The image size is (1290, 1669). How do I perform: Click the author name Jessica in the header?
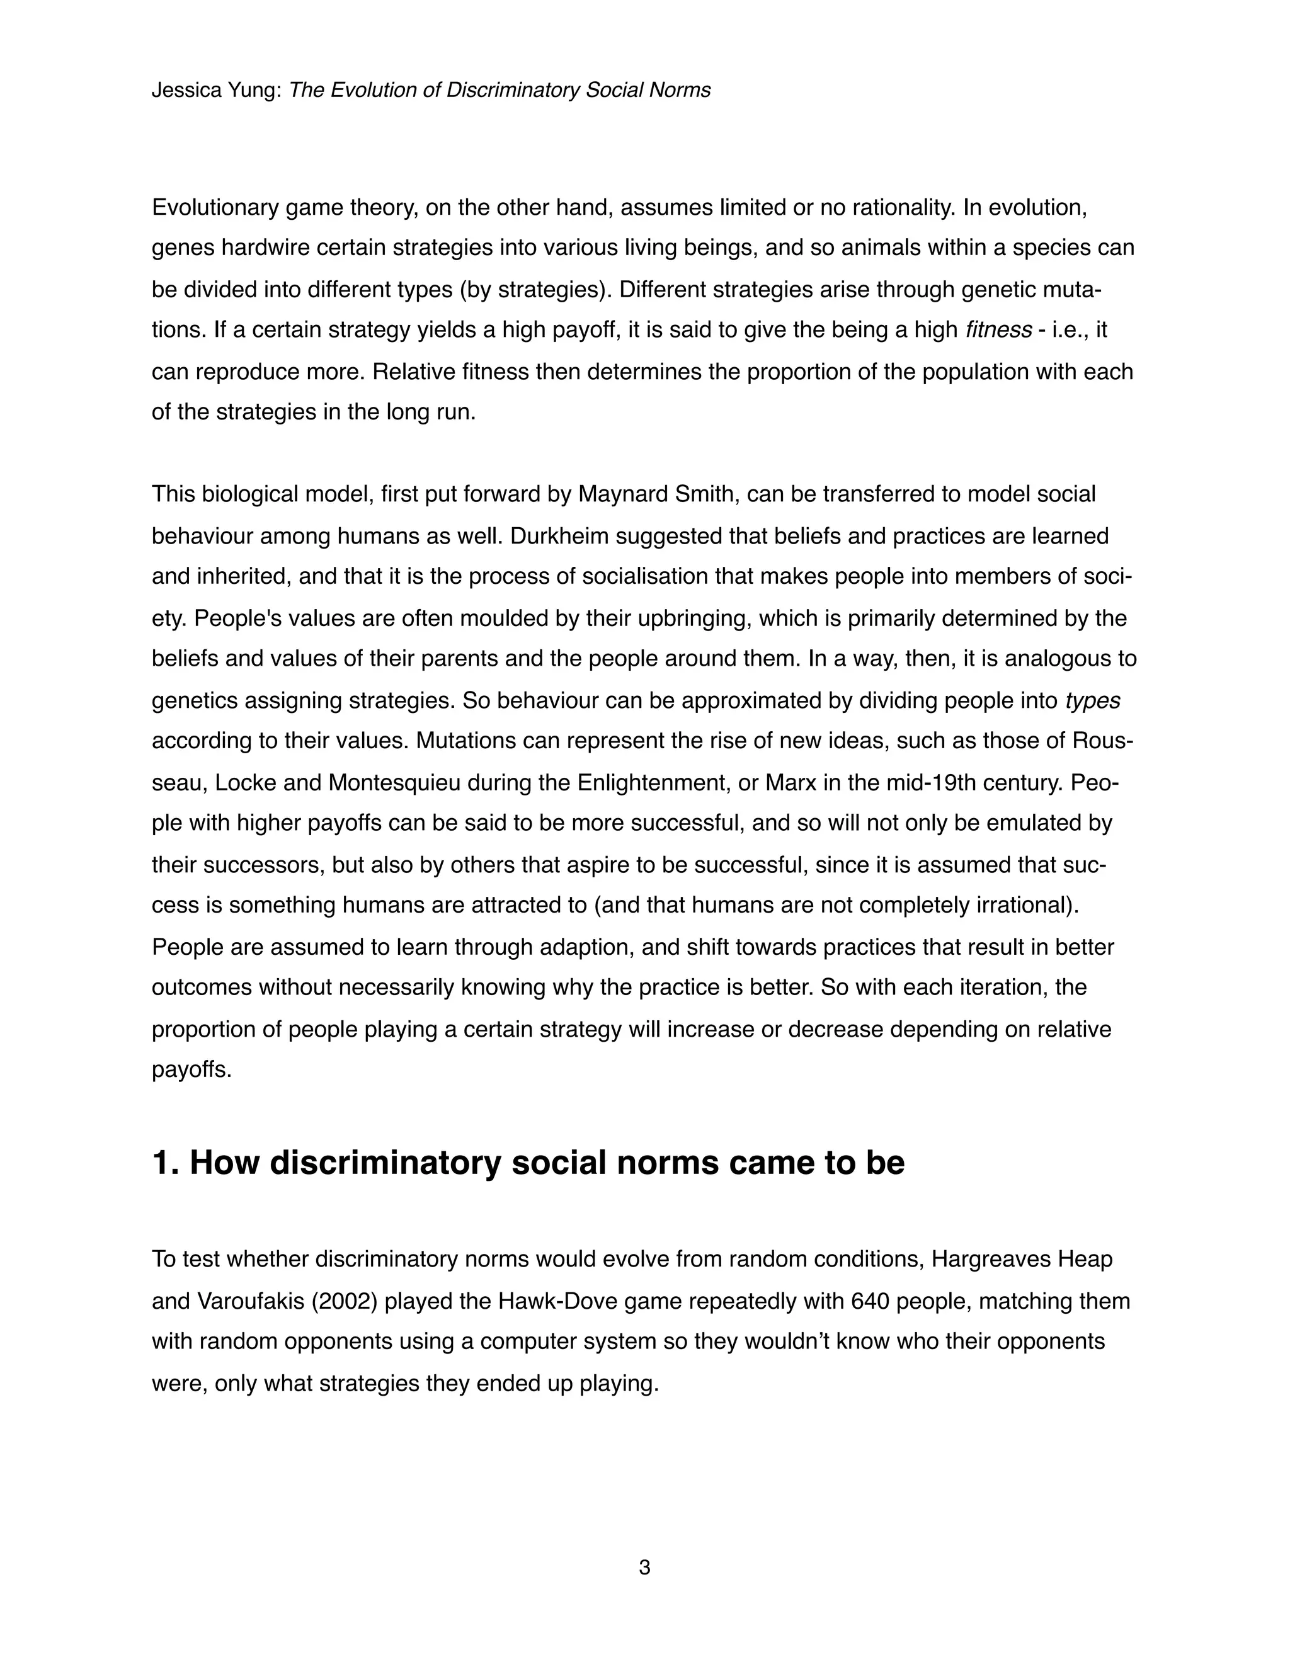point(177,90)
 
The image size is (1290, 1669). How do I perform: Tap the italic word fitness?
point(998,330)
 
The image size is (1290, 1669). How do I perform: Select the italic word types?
point(1092,700)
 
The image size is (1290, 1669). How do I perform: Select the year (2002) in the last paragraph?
point(345,1301)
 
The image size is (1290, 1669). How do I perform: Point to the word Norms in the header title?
point(680,90)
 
